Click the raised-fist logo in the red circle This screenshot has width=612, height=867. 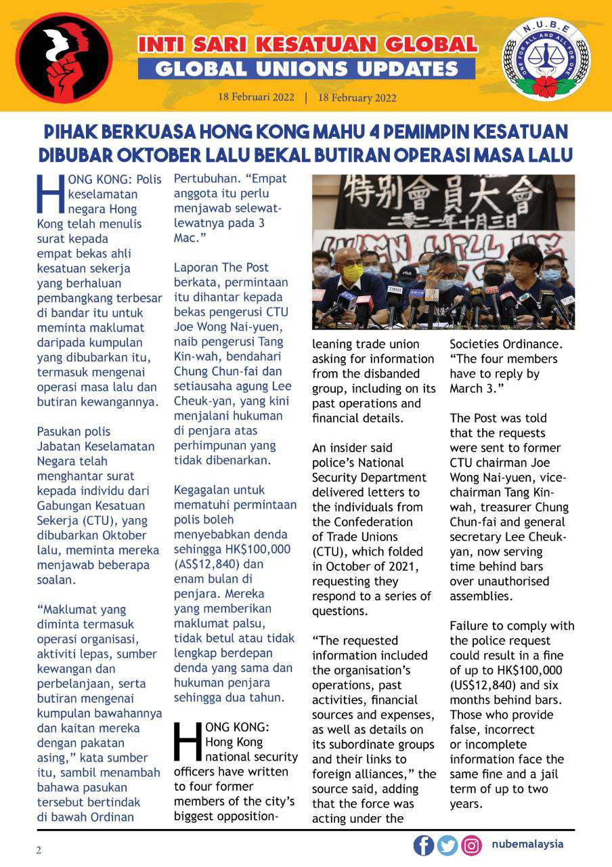point(64,58)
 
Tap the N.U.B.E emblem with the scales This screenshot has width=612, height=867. point(545,60)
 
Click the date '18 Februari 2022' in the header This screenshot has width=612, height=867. point(256,98)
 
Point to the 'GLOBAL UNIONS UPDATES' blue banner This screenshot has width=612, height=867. point(306,68)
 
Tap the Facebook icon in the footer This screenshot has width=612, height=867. point(424,845)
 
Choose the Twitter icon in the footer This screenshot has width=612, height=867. point(447,845)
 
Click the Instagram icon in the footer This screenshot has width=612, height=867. point(471,845)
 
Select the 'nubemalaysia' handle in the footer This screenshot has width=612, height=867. point(527,845)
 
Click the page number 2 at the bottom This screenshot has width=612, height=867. point(39,851)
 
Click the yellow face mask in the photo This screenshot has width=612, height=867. point(352,272)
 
